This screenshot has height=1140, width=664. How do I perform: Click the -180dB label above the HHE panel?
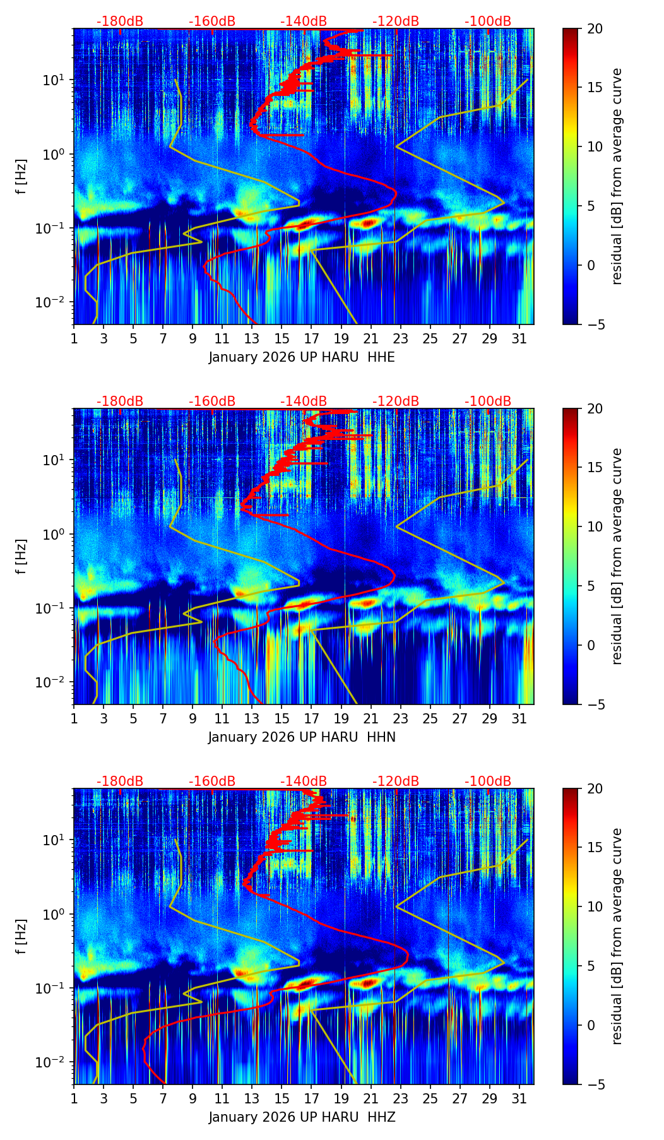(x=120, y=21)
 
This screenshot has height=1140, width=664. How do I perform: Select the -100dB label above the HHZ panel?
(x=488, y=781)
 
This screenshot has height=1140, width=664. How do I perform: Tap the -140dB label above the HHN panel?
(x=304, y=401)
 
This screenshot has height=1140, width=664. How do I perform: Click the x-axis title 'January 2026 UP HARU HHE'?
(x=302, y=357)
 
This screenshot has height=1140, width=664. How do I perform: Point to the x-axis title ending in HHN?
(x=302, y=737)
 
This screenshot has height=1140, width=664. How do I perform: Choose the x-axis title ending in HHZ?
(x=302, y=1117)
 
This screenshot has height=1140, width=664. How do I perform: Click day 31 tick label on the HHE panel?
(x=519, y=338)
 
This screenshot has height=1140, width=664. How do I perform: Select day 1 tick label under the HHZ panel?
(x=74, y=1098)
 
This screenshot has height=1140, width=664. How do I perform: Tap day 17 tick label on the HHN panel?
(x=312, y=718)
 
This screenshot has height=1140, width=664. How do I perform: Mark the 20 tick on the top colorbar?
(x=595, y=28)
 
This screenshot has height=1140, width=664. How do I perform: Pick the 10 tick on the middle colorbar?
(x=595, y=526)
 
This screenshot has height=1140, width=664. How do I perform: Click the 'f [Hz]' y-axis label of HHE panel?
(x=21, y=177)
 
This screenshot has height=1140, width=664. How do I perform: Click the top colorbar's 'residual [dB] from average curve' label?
(x=617, y=177)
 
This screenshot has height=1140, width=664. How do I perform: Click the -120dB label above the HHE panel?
(x=396, y=21)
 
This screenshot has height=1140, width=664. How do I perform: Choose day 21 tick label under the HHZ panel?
(x=371, y=1098)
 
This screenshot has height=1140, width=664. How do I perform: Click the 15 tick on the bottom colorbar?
(x=595, y=848)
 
